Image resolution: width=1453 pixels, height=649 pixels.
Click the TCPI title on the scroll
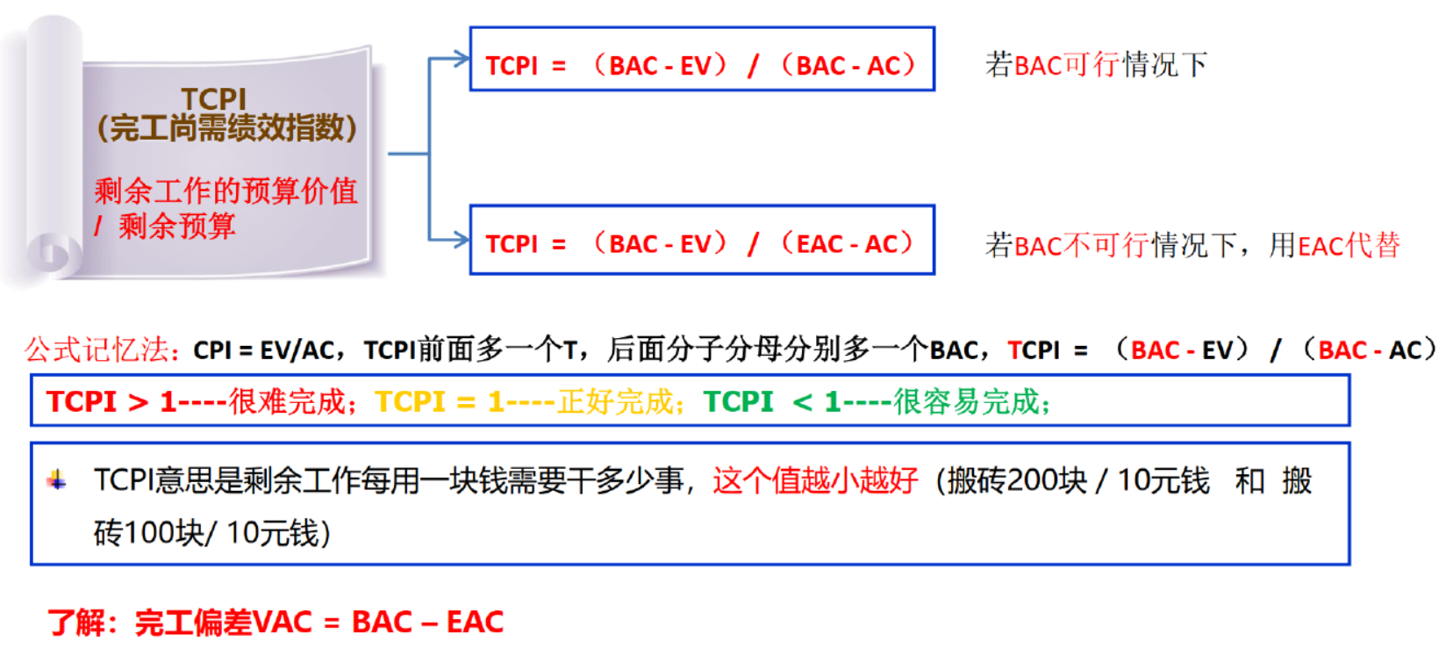[213, 98]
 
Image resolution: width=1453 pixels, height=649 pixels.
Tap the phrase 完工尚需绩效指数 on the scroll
[226, 129]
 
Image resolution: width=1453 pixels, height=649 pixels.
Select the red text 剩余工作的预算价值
[225, 191]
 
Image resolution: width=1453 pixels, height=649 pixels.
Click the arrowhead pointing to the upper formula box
[462, 59]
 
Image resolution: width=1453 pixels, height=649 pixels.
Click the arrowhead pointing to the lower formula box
[462, 239]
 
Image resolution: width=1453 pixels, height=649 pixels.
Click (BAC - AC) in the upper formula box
[848, 65]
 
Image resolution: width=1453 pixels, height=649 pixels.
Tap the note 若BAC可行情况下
[1096, 64]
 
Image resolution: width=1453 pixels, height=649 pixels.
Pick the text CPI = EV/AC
[263, 350]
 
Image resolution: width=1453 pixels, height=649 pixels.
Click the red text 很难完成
[287, 401]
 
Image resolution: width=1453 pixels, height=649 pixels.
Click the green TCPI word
[738, 401]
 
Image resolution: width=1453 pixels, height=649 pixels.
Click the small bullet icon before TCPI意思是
[57, 480]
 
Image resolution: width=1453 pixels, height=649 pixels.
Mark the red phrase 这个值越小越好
[815, 480]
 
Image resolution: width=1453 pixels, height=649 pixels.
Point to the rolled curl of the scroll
[53, 254]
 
